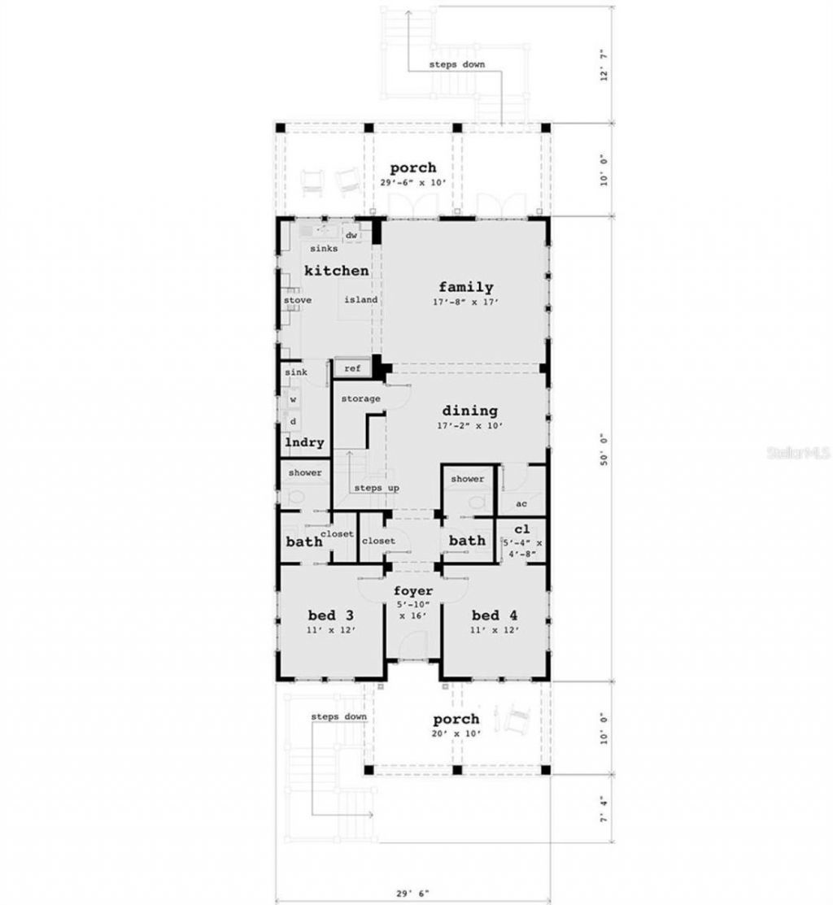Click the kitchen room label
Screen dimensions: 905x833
coord(337,271)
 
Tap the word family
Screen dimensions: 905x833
coord(466,287)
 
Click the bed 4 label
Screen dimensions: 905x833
coord(495,613)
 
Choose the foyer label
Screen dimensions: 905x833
coord(413,591)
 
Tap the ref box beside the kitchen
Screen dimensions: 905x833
coord(352,368)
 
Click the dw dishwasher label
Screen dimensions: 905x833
coord(351,236)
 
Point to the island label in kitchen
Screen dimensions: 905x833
coord(360,300)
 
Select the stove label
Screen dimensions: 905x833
coord(297,300)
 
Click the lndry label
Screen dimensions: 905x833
coord(304,443)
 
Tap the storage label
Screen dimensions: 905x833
coord(360,399)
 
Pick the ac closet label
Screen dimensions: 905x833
coord(521,503)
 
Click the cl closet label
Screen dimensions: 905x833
coord(521,529)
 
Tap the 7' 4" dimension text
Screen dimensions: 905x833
coord(604,810)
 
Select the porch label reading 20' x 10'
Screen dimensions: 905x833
coord(456,720)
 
